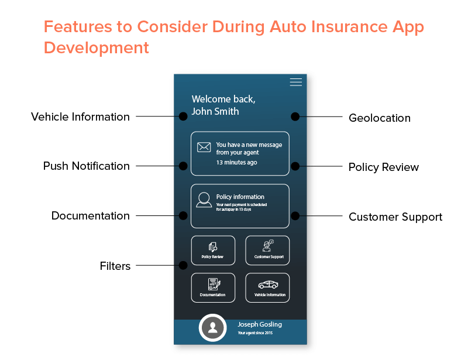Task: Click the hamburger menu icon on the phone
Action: pos(296,83)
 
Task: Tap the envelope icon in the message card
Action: pos(204,148)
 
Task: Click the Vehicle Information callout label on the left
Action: pos(80,117)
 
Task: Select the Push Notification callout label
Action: pos(87,166)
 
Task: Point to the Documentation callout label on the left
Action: pos(91,216)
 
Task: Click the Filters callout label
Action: pos(115,266)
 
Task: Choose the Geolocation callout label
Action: pos(380,118)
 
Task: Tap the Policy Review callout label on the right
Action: pos(384,167)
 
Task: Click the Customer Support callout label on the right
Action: pos(395,217)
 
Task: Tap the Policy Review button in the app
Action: pos(213,251)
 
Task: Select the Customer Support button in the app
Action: pos(267,251)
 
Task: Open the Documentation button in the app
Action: pos(213,288)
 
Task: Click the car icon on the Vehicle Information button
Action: pos(269,284)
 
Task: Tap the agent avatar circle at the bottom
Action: pos(213,328)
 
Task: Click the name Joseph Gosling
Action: pos(260,324)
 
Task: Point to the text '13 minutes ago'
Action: pos(236,163)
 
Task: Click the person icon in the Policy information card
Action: pos(204,200)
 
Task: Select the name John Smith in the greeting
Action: pos(215,111)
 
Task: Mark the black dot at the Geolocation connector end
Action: pos(295,116)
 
